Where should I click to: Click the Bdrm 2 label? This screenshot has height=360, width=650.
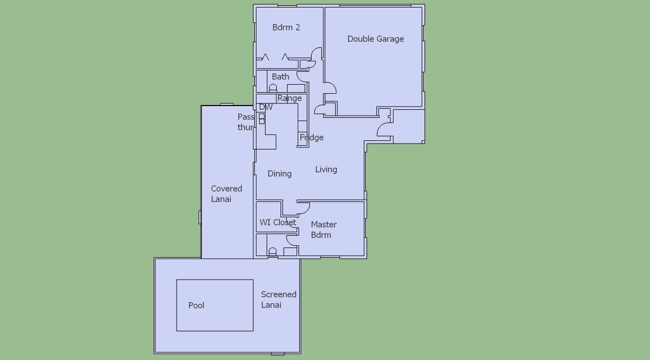click(286, 27)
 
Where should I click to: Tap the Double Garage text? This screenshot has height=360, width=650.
click(375, 39)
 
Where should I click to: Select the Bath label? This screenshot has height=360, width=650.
click(281, 77)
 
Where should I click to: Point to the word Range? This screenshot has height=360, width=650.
click(289, 98)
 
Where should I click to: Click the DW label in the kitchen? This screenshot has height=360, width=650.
click(266, 107)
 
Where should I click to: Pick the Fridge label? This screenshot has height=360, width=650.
click(312, 137)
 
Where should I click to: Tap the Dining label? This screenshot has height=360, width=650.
click(279, 174)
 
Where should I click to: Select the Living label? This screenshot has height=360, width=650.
click(326, 169)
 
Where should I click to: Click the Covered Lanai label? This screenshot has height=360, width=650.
click(226, 193)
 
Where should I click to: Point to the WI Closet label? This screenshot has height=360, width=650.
click(278, 222)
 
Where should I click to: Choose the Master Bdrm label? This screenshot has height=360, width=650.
click(323, 230)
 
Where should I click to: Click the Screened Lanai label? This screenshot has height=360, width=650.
click(278, 299)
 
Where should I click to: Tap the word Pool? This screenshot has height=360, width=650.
click(196, 305)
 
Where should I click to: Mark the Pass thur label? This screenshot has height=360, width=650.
click(246, 122)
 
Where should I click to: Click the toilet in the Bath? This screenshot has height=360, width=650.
click(273, 88)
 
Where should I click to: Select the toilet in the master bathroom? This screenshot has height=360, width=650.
click(273, 252)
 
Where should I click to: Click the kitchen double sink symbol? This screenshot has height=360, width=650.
click(261, 119)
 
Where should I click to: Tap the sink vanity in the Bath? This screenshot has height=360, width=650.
click(296, 88)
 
